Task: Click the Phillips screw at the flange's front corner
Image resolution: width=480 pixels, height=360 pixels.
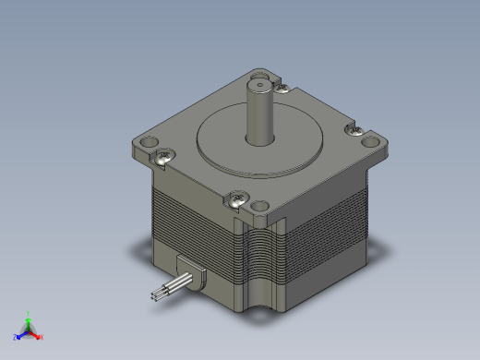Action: pyautogui.click(x=239, y=198)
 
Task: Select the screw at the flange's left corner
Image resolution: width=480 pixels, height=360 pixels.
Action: pyautogui.click(x=165, y=156)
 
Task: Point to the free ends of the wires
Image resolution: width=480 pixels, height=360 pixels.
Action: pyautogui.click(x=153, y=294)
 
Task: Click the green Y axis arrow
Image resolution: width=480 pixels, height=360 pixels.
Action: pyautogui.click(x=28, y=320)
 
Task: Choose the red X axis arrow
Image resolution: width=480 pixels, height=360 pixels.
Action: pyautogui.click(x=36, y=334)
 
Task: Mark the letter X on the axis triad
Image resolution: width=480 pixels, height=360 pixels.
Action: pyautogui.click(x=42, y=337)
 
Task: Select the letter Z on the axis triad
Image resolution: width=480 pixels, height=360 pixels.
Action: pyautogui.click(x=15, y=337)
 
